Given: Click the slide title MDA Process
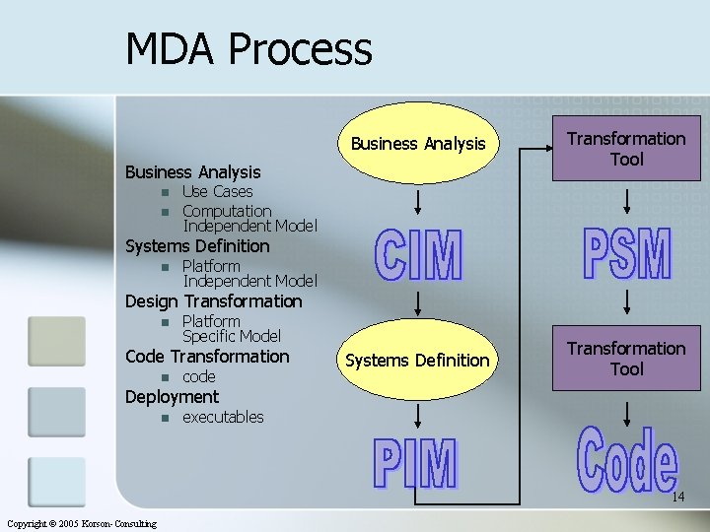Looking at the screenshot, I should pyautogui.click(x=248, y=48).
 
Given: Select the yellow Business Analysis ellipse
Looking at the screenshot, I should pyautogui.click(x=418, y=145).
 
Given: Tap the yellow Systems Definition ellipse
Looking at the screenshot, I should pyautogui.click(x=417, y=361).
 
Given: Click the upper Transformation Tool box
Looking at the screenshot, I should pyautogui.click(x=626, y=149).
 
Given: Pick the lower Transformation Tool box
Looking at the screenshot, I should pyautogui.click(x=626, y=359).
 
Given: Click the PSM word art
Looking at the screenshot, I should pyautogui.click(x=626, y=255).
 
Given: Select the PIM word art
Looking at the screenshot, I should pyautogui.click(x=415, y=465).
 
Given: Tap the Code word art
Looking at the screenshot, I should pyautogui.click(x=627, y=460).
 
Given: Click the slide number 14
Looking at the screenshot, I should pyautogui.click(x=677, y=498).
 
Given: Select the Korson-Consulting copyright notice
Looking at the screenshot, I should pyautogui.click(x=81, y=523).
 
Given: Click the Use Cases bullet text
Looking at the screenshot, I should pyautogui.click(x=217, y=191).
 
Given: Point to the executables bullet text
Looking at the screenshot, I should pyautogui.click(x=223, y=417).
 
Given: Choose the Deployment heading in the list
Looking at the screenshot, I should pyautogui.click(x=172, y=397).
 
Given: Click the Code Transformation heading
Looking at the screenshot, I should pyautogui.click(x=207, y=357).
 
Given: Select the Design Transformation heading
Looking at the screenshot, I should pyautogui.click(x=213, y=301).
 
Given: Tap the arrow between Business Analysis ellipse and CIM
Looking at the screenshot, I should pyautogui.click(x=419, y=203).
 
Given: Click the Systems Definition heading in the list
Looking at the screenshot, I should pyautogui.click(x=197, y=246).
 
